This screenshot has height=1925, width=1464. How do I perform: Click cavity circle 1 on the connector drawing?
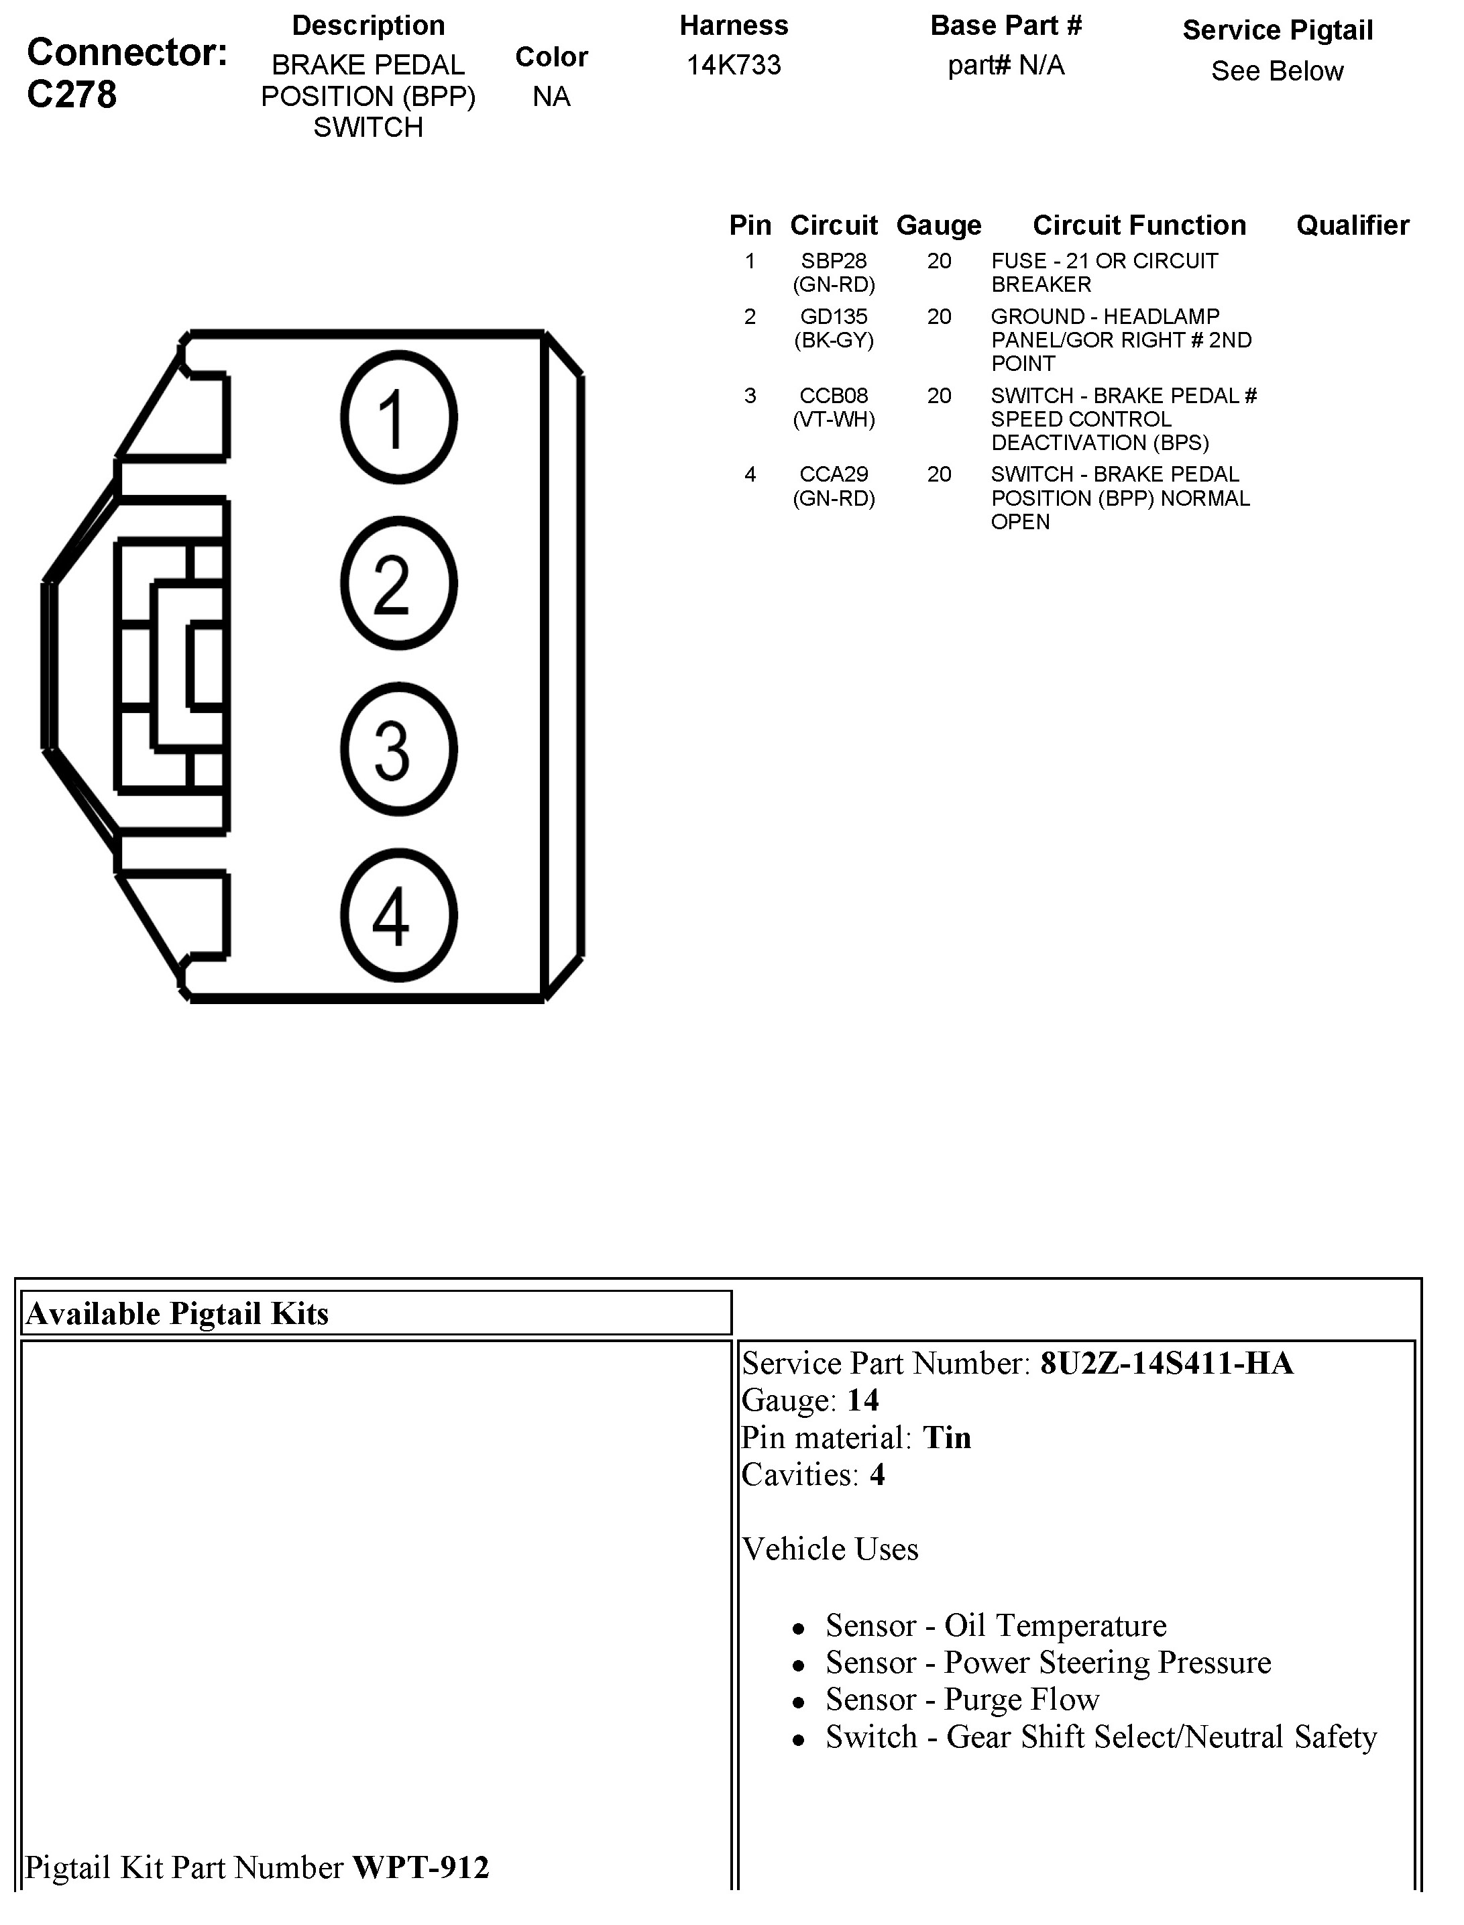click(398, 417)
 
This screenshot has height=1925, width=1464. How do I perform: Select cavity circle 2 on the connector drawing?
click(398, 583)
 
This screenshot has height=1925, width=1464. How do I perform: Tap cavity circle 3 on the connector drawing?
click(398, 749)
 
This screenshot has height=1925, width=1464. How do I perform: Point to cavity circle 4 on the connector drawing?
click(398, 916)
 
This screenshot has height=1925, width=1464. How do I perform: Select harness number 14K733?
click(734, 65)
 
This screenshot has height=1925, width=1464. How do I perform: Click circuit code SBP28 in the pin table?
click(834, 260)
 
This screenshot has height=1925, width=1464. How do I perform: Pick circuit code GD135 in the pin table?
click(834, 317)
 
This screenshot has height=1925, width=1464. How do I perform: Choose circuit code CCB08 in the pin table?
click(834, 396)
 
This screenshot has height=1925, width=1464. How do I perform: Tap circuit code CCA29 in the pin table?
click(834, 474)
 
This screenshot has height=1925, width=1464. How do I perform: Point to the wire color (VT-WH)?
click(834, 419)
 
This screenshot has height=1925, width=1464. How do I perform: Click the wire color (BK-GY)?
click(834, 340)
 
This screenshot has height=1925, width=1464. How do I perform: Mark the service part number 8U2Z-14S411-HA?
click(1166, 1363)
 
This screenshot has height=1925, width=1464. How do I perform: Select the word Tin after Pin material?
click(946, 1437)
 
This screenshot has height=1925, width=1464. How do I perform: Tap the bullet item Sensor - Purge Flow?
click(962, 1699)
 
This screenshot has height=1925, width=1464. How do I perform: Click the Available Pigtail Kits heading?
click(178, 1313)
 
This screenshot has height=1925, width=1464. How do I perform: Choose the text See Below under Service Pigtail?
click(1277, 72)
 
